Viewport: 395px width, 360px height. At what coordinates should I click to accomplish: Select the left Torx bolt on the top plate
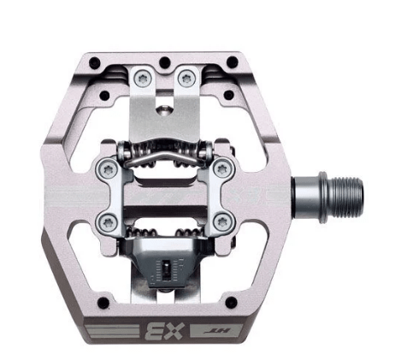coord(141,80)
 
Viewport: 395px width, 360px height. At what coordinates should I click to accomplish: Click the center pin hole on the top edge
coord(162,61)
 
